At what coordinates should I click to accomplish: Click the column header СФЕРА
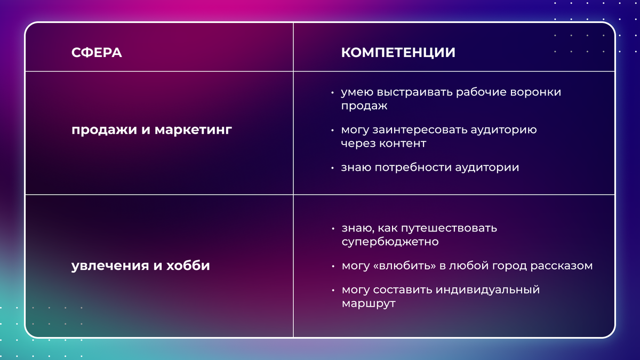[x=97, y=53]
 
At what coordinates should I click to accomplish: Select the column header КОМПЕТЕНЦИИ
[x=398, y=53]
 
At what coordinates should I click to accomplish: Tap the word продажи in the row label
[x=105, y=130]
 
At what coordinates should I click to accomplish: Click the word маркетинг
[x=193, y=130]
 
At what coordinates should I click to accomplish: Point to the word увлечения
[x=110, y=266]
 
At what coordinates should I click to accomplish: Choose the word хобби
[x=188, y=265]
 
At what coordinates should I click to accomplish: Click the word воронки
[x=535, y=92]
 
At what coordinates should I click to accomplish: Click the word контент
[x=403, y=143]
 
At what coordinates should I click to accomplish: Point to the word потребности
[x=413, y=167]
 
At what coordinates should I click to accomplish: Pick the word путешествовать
[x=449, y=228]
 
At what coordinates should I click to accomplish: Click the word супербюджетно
[x=390, y=242]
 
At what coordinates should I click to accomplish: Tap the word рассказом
[x=562, y=266]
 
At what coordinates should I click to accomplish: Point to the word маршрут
[x=369, y=303]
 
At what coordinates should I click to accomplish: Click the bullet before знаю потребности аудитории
[x=332, y=168]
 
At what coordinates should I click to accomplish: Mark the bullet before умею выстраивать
[x=332, y=93]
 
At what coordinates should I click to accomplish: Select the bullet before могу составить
[x=333, y=290]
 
